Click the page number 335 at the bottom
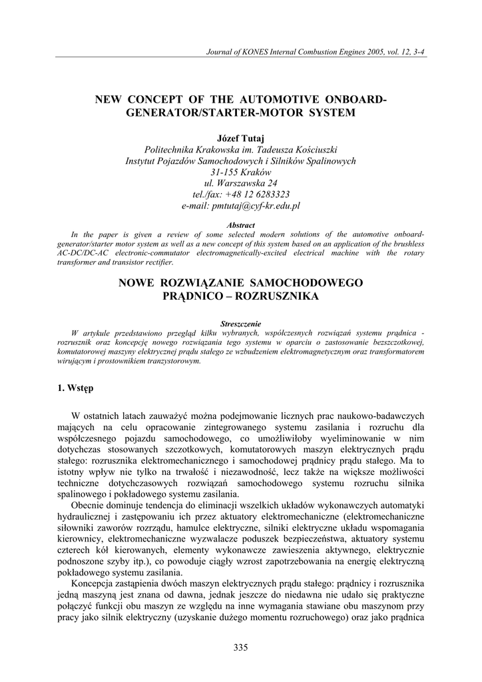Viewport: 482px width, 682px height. pos(241,648)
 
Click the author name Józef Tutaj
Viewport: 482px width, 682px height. pos(241,137)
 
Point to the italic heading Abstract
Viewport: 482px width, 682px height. pos(241,226)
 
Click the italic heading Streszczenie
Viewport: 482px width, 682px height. pos(241,324)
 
